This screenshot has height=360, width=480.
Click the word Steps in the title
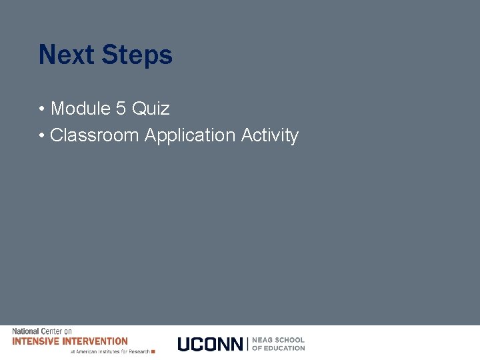point(137,55)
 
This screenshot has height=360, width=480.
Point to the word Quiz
point(151,108)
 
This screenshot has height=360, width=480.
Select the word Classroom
point(94,135)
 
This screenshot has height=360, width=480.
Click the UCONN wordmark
point(210,344)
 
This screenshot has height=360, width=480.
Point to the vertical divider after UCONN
point(248,344)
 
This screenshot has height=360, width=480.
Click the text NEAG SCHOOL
point(278,340)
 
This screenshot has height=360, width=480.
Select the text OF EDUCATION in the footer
point(278,348)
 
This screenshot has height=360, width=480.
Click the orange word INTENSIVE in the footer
point(34,341)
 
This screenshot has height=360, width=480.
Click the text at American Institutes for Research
point(110,351)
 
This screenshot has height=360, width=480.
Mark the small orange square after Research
point(153,351)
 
